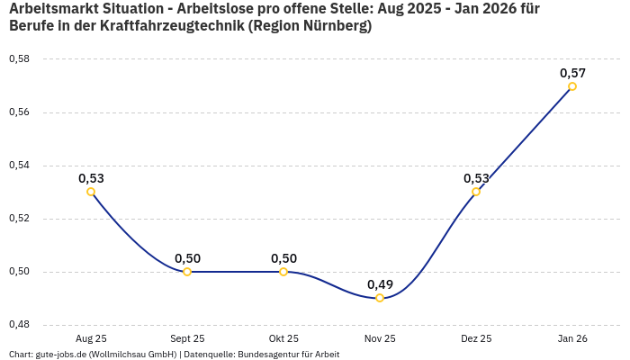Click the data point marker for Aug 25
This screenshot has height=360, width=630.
(x=91, y=192)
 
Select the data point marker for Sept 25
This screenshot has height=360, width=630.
(x=187, y=271)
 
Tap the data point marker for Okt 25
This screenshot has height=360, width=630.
(x=283, y=271)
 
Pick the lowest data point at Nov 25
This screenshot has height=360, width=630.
(x=380, y=298)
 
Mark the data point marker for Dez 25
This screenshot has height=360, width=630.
(x=476, y=192)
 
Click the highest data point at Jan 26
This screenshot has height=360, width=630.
(x=572, y=86)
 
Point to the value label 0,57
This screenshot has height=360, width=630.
(x=572, y=73)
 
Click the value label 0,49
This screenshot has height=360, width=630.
(x=380, y=284)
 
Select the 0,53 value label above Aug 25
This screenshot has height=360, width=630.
(x=91, y=178)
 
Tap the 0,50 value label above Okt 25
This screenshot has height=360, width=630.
(x=283, y=258)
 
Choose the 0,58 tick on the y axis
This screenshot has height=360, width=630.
(x=19, y=59)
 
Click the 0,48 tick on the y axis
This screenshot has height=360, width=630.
(x=19, y=324)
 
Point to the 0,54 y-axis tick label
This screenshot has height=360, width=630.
(x=19, y=166)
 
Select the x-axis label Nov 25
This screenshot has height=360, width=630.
(x=380, y=338)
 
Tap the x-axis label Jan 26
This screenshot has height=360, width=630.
(x=572, y=338)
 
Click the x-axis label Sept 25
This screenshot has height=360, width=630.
(x=187, y=338)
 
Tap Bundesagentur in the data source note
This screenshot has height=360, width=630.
(x=265, y=354)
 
